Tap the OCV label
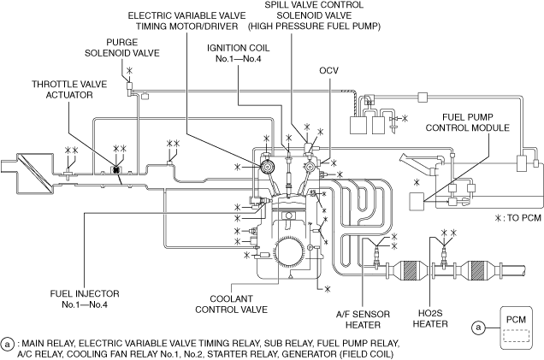point(329,70)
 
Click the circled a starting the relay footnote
point(8,343)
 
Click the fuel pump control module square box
point(418,202)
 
